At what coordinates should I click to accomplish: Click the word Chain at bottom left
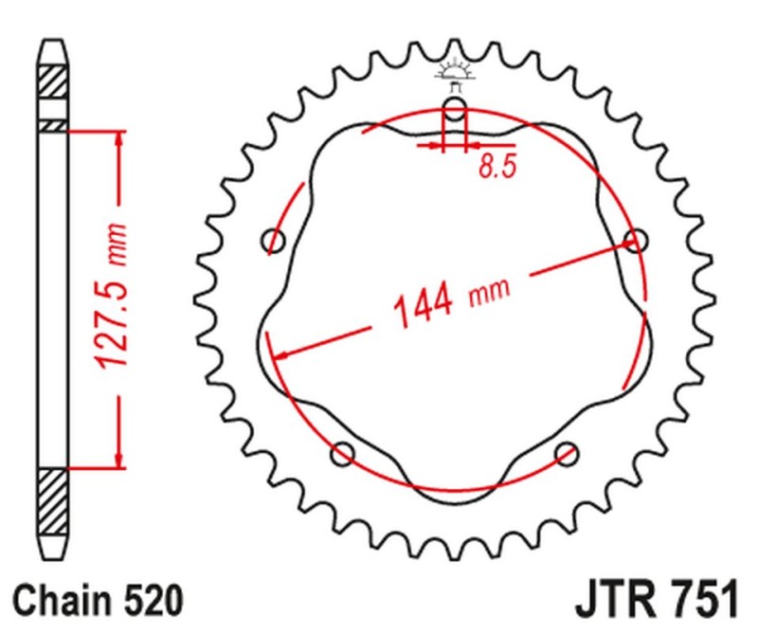coord(62,601)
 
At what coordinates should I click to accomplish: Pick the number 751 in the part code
coord(696,601)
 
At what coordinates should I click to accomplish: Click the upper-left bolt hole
coord(275,240)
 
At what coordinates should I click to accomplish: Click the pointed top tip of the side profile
coord(53,40)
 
